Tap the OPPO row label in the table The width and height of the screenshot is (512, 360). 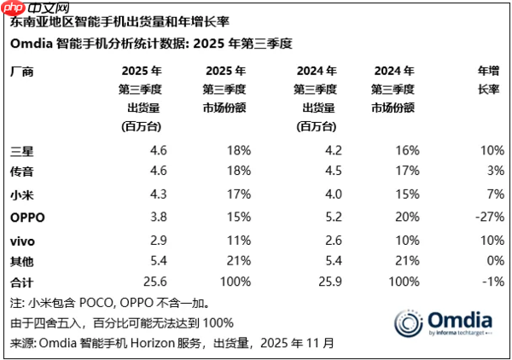(x=27, y=217)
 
